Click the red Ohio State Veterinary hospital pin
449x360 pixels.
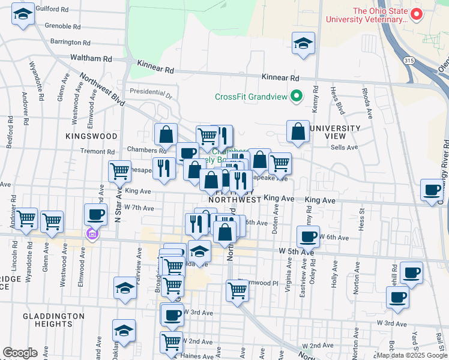coord(416,14)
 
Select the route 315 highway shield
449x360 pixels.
coord(408,61)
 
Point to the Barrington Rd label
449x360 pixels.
coord(70,43)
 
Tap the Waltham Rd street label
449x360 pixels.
coord(91,59)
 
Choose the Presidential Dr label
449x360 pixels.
coord(151,93)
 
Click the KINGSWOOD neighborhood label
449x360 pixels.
coord(92,136)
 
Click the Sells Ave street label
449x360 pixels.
coord(344,147)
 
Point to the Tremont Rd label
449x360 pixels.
coord(93,151)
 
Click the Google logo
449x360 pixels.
coord(19,353)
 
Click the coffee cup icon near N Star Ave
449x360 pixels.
coord(95,214)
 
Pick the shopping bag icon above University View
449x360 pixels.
coord(298,131)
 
